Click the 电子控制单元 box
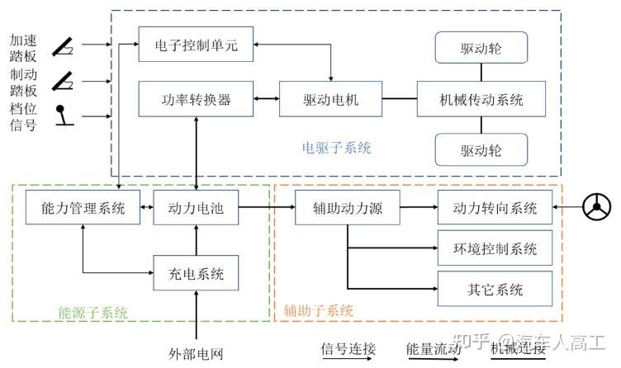(x=196, y=46)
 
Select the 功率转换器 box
(x=196, y=101)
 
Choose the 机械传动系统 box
(x=481, y=101)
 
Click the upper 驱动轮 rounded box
(x=481, y=50)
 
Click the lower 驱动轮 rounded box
(x=481, y=151)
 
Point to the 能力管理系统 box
(x=83, y=208)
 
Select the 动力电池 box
(x=196, y=208)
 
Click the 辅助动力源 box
(x=348, y=208)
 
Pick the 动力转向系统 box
(x=495, y=208)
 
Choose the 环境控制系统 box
(x=495, y=248)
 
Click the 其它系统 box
(x=495, y=289)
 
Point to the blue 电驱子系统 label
(x=336, y=149)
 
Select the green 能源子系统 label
(x=92, y=312)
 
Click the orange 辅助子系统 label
(x=319, y=311)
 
